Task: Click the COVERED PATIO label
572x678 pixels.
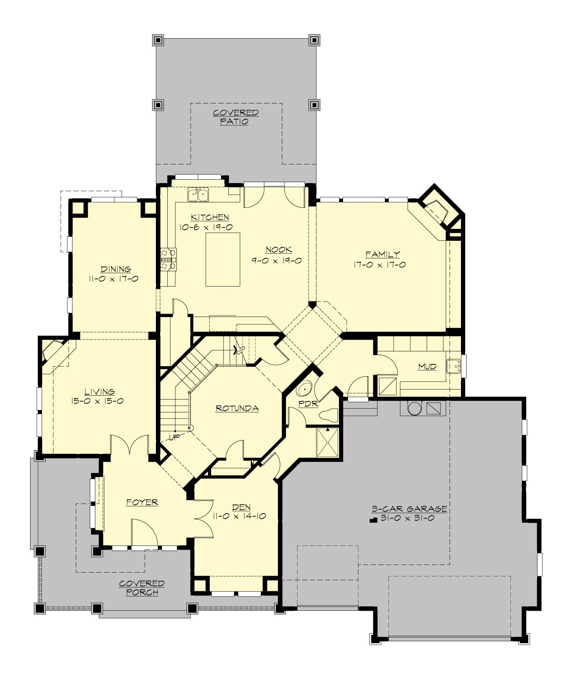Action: coord(235,117)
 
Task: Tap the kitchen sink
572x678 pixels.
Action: coord(198,195)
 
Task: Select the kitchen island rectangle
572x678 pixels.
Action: coord(223,259)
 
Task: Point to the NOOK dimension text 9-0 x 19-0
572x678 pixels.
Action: coord(276,261)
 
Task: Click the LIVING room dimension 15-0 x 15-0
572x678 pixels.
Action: coord(98,401)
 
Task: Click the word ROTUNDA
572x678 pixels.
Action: coord(237,408)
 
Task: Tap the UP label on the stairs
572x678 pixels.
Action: coord(174,437)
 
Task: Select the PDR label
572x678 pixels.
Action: coord(308,404)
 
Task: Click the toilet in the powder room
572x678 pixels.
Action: coord(328,415)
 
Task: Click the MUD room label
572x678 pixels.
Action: coord(427,366)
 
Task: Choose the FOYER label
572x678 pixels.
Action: coord(142,502)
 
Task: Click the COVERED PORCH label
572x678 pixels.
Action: coord(142,588)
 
